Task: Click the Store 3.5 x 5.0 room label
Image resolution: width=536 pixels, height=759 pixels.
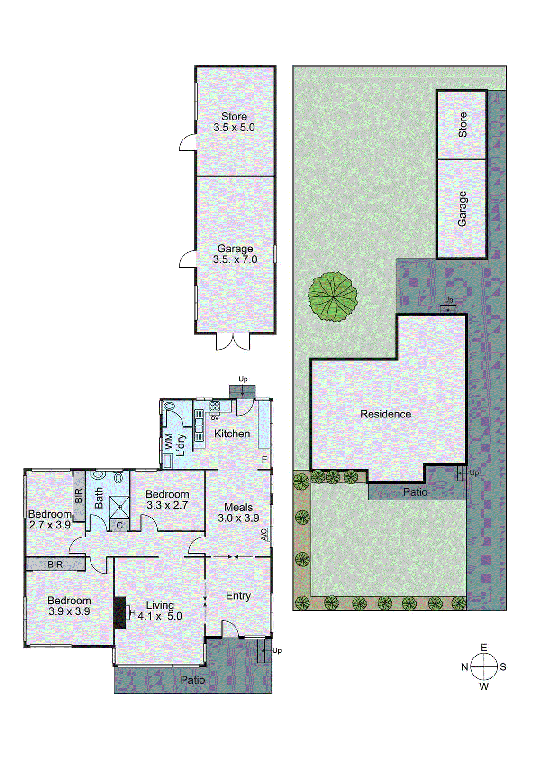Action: [234, 122]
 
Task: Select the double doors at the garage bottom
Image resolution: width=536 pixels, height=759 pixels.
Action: [233, 342]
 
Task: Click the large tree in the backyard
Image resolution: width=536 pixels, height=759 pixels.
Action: [333, 297]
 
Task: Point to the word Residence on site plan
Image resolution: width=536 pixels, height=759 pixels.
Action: [385, 414]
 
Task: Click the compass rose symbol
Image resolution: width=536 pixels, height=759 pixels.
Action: [483, 666]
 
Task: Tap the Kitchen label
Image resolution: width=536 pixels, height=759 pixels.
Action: [232, 434]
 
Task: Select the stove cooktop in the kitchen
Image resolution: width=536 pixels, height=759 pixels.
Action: [215, 406]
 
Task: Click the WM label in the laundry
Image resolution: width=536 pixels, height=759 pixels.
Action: [169, 442]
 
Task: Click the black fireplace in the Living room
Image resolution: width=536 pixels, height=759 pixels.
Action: [120, 612]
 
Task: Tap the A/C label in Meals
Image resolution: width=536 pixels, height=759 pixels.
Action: [264, 535]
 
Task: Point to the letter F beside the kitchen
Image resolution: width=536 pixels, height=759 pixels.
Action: [264, 459]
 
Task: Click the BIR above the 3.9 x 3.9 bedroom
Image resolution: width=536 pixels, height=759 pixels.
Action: [55, 565]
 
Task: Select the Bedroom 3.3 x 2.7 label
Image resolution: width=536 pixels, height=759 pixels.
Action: [167, 500]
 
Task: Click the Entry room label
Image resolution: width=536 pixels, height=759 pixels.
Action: [238, 596]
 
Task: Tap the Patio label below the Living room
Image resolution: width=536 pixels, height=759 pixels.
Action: [192, 680]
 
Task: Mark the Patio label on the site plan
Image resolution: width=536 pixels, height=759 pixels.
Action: [415, 492]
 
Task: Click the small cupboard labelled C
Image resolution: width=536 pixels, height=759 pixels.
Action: [119, 525]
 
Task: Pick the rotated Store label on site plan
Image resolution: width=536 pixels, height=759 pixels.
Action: [463, 125]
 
